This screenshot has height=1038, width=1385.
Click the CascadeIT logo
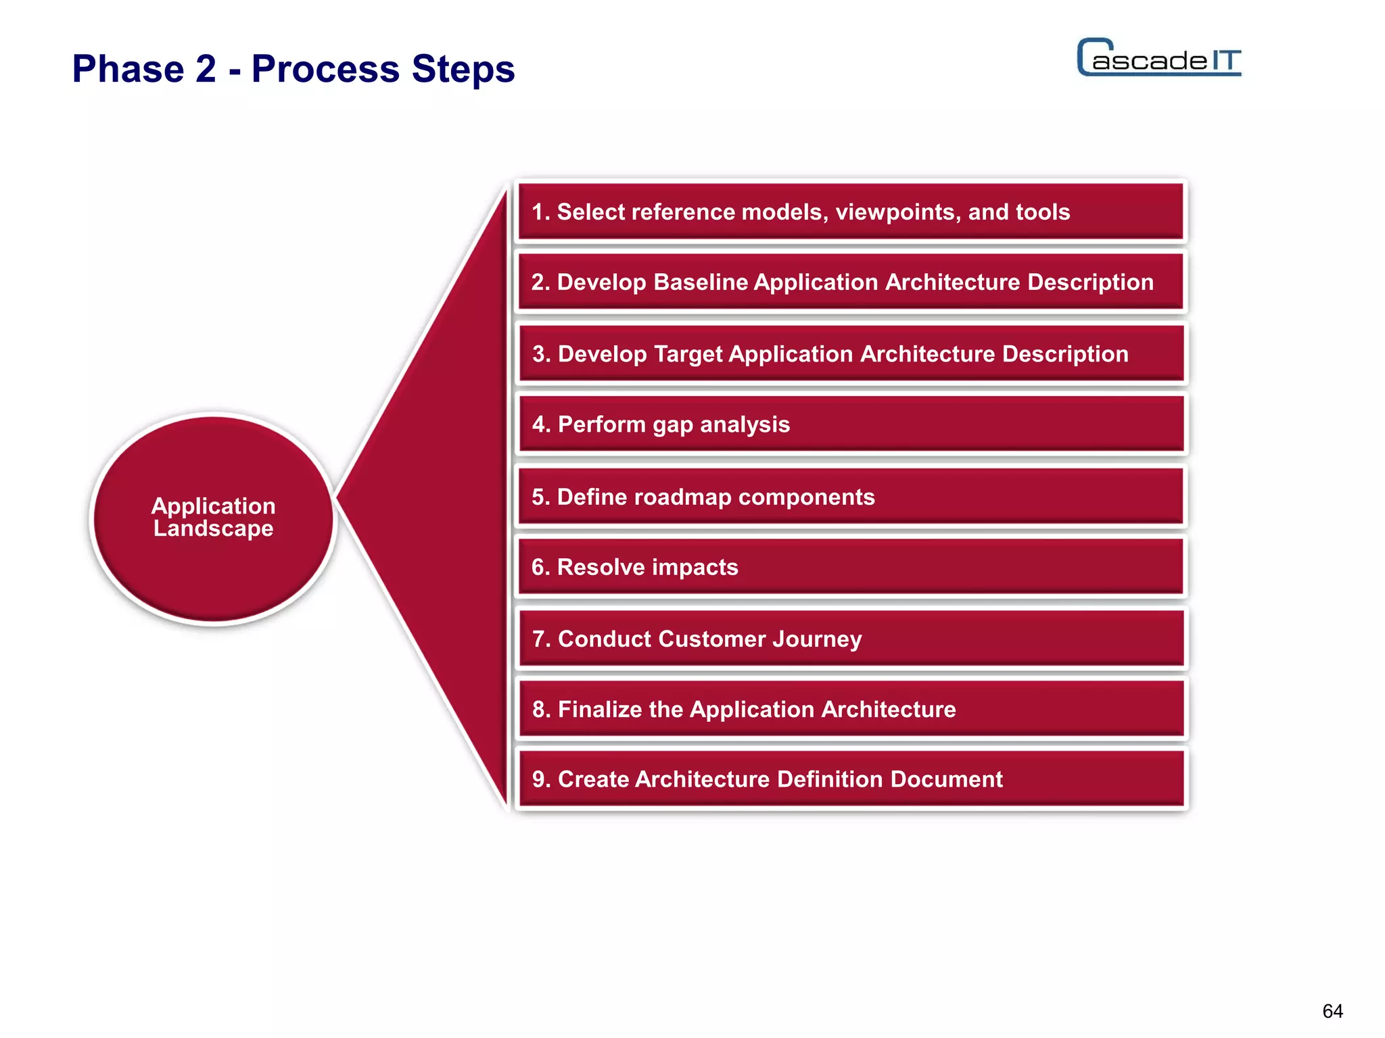[1158, 58]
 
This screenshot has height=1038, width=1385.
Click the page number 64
[1332, 1011]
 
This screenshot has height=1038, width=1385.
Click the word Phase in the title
[128, 69]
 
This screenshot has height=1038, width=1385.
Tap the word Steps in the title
[463, 69]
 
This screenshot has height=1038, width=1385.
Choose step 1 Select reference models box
[851, 212]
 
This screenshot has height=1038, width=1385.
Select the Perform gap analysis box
[851, 424]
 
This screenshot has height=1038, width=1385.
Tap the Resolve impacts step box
[851, 568]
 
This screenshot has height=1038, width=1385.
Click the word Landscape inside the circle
[214, 528]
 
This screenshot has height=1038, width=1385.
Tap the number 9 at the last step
[539, 780]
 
